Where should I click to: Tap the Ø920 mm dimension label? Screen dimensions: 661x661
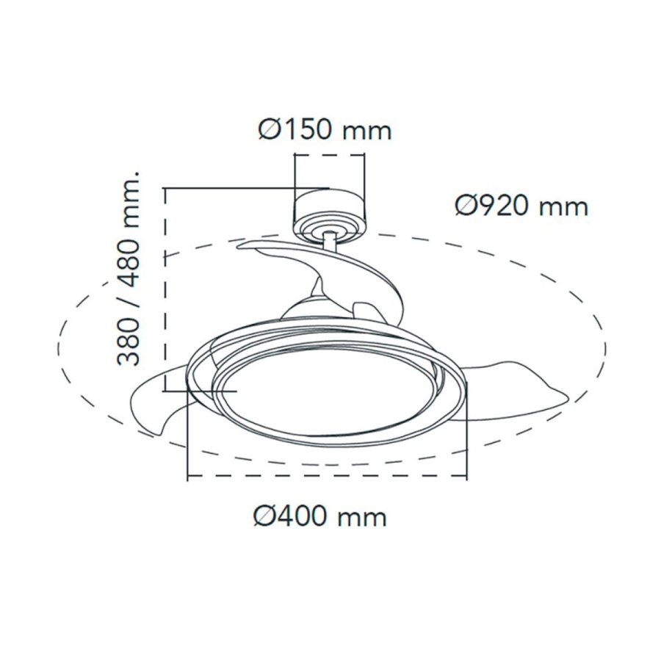(521, 206)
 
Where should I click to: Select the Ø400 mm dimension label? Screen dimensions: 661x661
(319, 516)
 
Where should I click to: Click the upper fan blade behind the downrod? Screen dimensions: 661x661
(294, 253)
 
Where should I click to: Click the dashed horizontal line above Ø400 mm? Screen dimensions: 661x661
(328, 477)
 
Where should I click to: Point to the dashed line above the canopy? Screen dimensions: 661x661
(329, 155)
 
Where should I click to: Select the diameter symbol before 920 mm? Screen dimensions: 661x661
(465, 206)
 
